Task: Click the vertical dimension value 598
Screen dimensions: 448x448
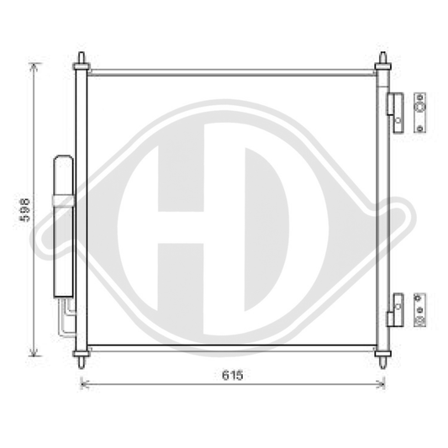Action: [26, 209]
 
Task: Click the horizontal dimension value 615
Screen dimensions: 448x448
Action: [233, 377]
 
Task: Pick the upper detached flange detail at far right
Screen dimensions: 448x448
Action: [420, 111]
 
